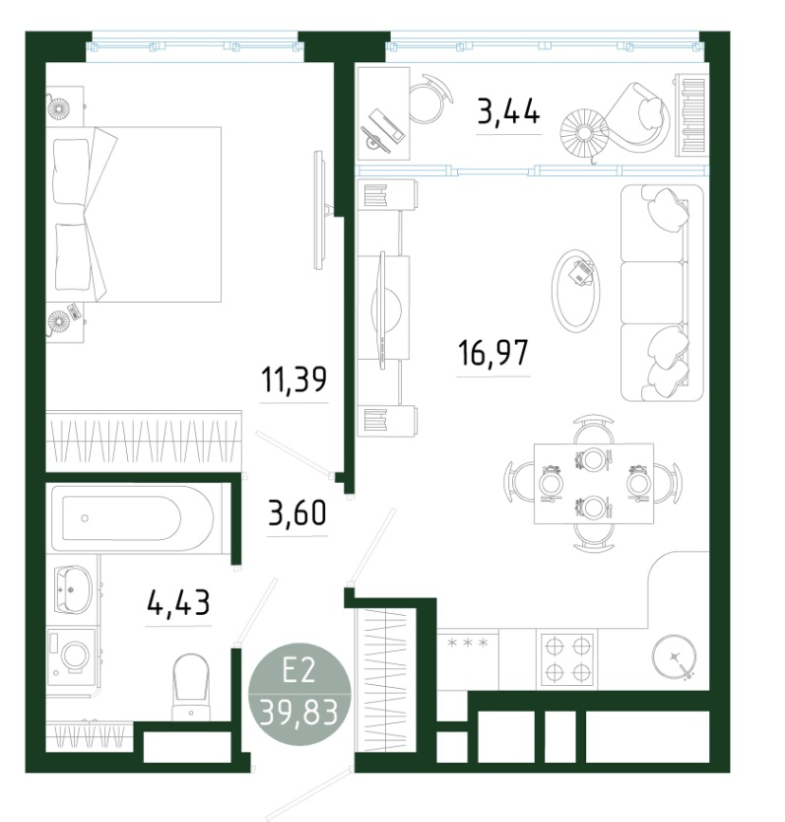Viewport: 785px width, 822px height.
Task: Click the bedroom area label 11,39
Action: click(x=294, y=379)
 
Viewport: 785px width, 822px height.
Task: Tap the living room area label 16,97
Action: click(x=493, y=352)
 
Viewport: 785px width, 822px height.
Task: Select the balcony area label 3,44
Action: click(x=508, y=111)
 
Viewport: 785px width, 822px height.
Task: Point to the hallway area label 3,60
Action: click(x=297, y=513)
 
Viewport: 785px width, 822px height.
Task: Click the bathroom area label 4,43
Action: click(x=178, y=602)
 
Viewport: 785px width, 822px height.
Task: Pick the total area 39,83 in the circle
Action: click(x=298, y=713)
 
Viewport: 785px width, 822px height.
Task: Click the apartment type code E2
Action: click(x=298, y=670)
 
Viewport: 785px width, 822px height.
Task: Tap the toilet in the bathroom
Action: click(x=190, y=687)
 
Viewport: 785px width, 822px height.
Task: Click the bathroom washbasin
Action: click(x=73, y=588)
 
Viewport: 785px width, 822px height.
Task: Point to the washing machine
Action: click(x=71, y=656)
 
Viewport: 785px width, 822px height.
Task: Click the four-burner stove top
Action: click(x=568, y=659)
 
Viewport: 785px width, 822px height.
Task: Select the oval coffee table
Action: click(x=575, y=290)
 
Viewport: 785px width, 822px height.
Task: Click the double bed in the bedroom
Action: click(x=133, y=215)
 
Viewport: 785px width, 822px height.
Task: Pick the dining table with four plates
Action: click(x=594, y=483)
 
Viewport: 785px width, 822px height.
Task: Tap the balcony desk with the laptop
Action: click(x=383, y=113)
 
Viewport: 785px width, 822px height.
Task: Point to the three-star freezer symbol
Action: click(x=468, y=643)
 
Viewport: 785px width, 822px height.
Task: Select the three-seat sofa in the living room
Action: click(x=661, y=293)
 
